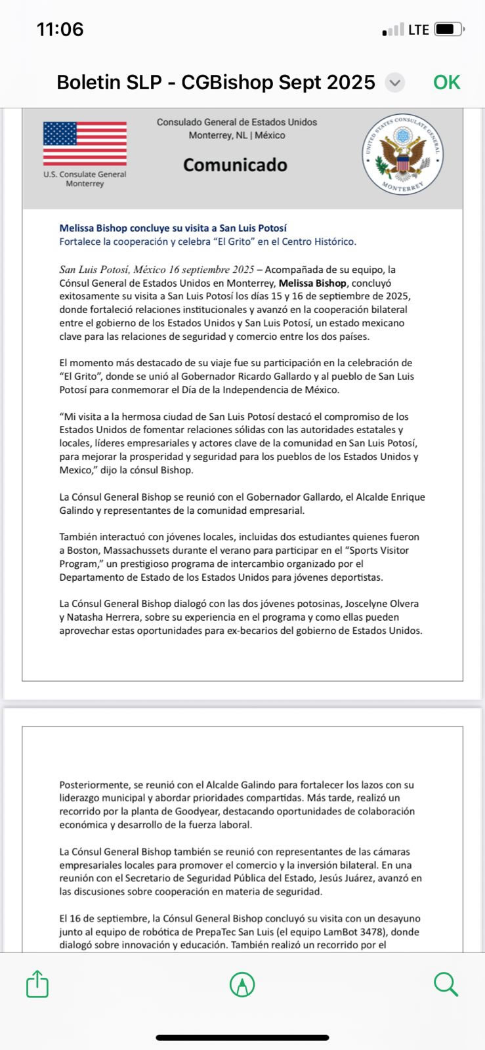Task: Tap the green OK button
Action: click(x=446, y=83)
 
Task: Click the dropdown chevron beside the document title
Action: click(x=394, y=83)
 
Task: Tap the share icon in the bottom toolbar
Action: click(x=37, y=984)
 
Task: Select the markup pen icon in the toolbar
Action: click(x=242, y=984)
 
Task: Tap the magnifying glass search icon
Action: click(x=446, y=984)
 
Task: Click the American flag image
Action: click(x=85, y=143)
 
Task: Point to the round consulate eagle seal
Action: click(x=403, y=155)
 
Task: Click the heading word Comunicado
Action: click(x=235, y=165)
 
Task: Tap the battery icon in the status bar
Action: click(x=450, y=30)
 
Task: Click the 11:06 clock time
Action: click(x=60, y=30)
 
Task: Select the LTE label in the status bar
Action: click(x=418, y=30)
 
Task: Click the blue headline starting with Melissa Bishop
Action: click(x=173, y=228)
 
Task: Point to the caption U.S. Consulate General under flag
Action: click(x=85, y=175)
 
